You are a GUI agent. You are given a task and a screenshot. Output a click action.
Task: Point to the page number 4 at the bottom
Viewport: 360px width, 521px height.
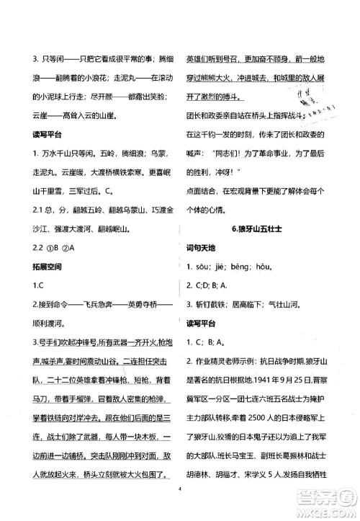(184, 506)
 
